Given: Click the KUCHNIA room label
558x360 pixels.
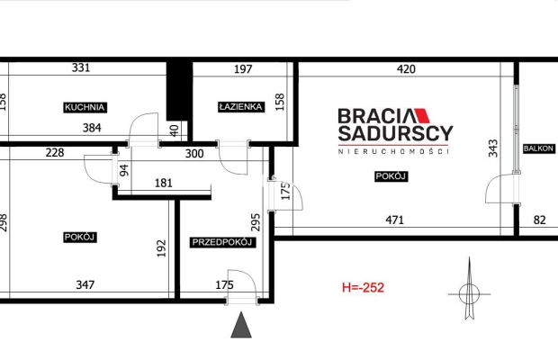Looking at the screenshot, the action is coord(85,107).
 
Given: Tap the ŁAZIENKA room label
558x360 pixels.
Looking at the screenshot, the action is coord(241,107).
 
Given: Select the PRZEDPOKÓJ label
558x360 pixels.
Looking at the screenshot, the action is coord(222,242).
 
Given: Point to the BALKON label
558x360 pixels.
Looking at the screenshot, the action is coord(539,148).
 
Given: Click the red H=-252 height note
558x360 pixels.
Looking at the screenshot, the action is coord(363,287).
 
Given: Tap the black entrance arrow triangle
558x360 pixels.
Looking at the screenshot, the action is coord(241,325).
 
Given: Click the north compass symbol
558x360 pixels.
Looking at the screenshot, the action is coord(469,289).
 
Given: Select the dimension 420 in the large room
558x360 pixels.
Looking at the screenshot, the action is coord(406,69).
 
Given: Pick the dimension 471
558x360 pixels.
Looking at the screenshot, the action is coord(395,220).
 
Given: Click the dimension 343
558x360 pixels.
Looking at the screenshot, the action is coord(493,148).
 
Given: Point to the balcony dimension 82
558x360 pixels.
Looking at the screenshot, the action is coord(539,220).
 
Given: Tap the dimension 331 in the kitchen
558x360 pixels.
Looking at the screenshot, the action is coord(81,67).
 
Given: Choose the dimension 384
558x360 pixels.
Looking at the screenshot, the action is coord(92,128).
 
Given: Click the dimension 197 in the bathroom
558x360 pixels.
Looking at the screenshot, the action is coord(243,69).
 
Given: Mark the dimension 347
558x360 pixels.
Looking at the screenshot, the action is coord(85,285).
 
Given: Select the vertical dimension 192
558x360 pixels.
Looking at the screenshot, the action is coord(162,248).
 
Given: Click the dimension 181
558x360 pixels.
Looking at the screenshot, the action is coord(164,184).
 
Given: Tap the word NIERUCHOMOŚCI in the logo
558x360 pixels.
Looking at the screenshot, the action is coord(393,151).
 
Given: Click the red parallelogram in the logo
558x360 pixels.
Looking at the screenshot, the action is coord(421,115).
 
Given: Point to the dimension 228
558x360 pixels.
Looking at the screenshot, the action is coord(55,153).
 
